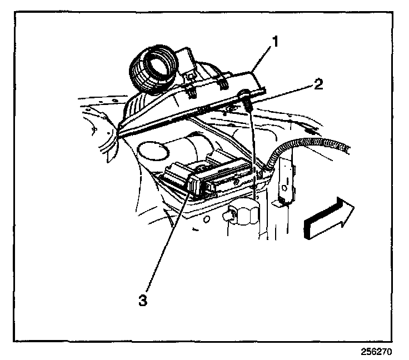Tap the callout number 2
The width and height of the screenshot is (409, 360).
point(317,84)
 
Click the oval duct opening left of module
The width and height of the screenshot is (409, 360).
point(152,151)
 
